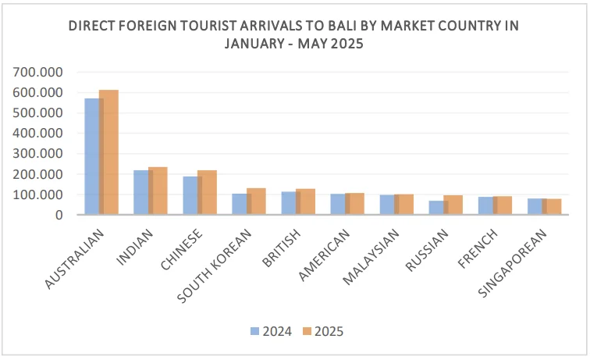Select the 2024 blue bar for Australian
tap(91, 156)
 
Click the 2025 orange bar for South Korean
tap(258, 201)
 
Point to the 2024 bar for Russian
tap(435, 208)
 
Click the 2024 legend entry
tap(271, 331)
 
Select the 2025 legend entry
tap(322, 331)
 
